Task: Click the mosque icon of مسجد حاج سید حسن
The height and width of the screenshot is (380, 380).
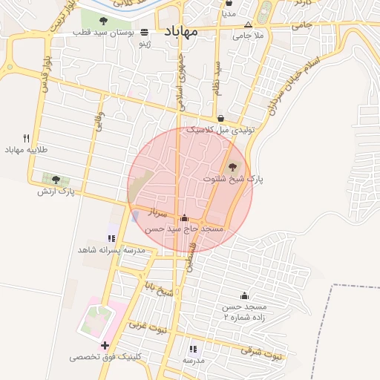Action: click(x=184, y=218)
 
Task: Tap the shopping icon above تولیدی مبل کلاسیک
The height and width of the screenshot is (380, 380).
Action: click(x=221, y=118)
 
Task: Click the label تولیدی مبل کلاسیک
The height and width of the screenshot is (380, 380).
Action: click(x=220, y=130)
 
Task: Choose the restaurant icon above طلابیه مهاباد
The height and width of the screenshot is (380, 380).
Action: click(x=27, y=138)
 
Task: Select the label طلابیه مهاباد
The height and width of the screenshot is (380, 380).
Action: click(x=27, y=150)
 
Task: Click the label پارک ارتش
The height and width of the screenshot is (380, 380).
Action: click(x=56, y=191)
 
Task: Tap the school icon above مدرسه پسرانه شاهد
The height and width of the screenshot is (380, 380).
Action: click(x=111, y=238)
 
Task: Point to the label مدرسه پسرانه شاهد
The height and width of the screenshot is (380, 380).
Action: click(x=111, y=250)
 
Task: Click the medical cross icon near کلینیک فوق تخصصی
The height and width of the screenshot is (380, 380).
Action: click(x=105, y=345)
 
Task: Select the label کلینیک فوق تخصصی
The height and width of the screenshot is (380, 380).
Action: click(x=105, y=357)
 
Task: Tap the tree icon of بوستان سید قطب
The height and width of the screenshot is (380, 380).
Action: click(x=103, y=21)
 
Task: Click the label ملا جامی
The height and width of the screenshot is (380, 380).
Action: click(x=248, y=35)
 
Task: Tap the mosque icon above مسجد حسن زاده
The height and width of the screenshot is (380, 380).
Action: click(x=244, y=296)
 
